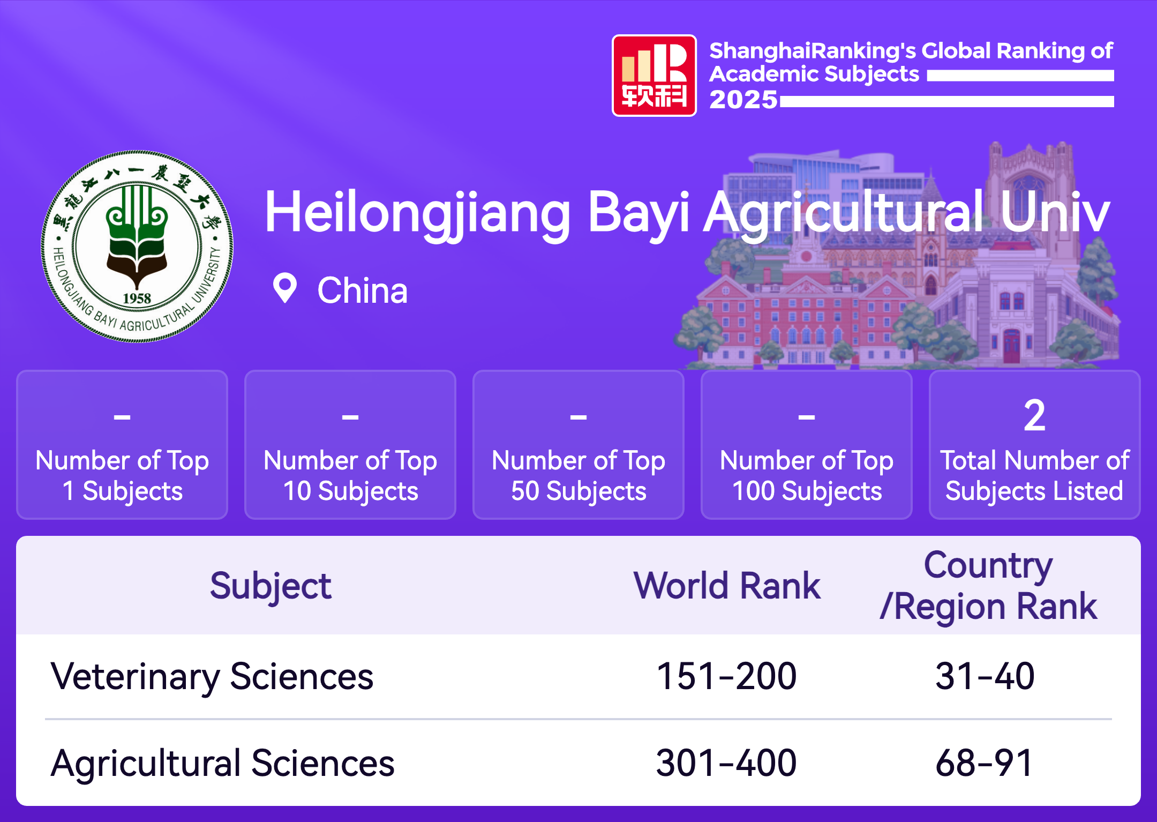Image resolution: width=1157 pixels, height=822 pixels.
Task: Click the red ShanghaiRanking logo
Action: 654,76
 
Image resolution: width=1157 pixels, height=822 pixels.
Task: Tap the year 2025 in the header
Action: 743,100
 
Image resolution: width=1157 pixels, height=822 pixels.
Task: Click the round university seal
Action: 137,246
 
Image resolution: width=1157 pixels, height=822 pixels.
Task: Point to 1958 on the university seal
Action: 137,298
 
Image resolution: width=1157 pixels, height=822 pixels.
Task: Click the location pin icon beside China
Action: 285,288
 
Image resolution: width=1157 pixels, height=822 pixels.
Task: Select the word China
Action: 363,290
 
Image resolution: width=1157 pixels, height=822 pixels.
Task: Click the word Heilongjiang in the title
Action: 418,214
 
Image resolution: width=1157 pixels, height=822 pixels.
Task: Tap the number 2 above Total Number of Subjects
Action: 1034,415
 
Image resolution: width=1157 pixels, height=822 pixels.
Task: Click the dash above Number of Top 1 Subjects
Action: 122,416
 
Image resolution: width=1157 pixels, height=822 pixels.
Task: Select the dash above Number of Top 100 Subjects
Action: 807,416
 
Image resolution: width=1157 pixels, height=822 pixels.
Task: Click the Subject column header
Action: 271,586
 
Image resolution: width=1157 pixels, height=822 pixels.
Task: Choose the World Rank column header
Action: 727,586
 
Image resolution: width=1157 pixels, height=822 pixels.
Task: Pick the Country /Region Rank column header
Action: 989,586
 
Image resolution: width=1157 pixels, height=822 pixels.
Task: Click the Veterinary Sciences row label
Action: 212,676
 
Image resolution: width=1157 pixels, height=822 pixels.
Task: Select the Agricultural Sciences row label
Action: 223,764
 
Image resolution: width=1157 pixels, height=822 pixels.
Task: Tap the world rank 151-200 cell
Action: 727,676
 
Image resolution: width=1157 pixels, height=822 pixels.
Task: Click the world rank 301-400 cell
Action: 727,763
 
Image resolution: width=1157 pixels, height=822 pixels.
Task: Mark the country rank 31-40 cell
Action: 985,676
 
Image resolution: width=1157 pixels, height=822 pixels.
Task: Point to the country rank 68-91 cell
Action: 985,763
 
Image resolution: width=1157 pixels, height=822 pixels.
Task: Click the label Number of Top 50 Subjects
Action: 578,476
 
